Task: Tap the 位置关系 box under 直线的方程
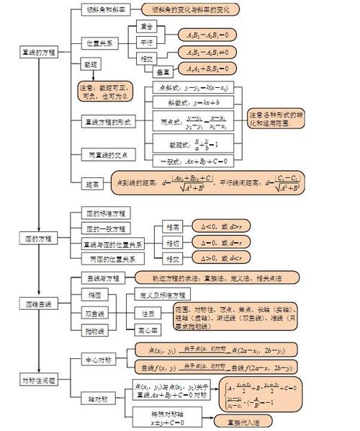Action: coord(99,43)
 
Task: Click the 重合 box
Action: coord(145,27)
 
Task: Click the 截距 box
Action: coord(90,65)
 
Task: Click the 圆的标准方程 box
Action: coord(106,214)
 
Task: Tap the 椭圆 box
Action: coord(95,296)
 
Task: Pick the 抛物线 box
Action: coord(95,331)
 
